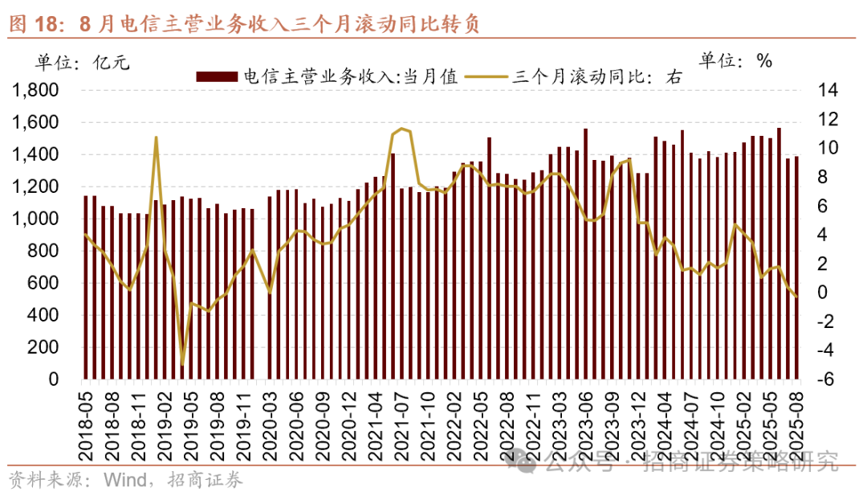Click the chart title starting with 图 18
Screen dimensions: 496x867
(244, 24)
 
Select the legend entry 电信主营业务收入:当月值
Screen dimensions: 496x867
(328, 77)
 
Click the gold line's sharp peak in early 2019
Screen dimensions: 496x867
(156, 137)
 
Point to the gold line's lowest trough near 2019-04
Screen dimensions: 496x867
(182, 365)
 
